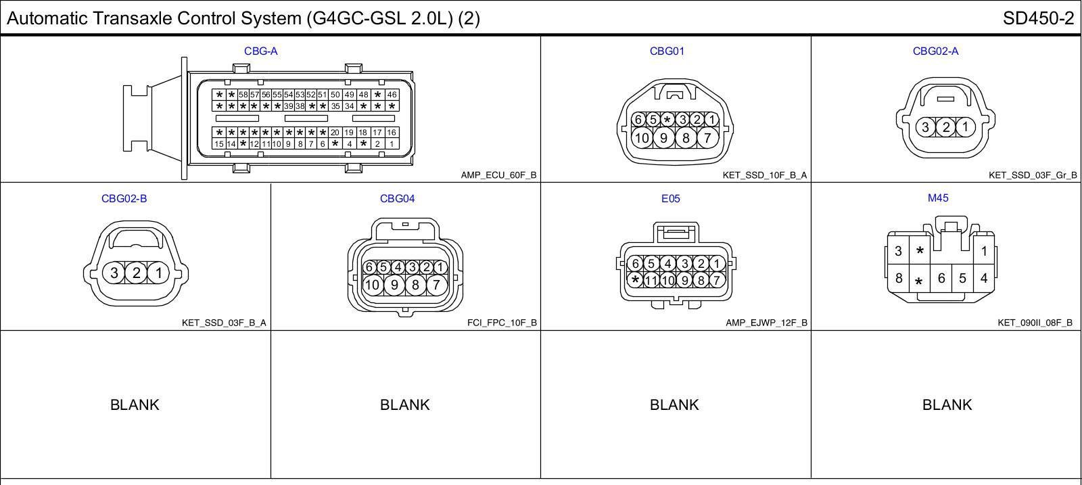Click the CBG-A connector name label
pyautogui.click(x=261, y=51)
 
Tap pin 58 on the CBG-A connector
pyautogui.click(x=243, y=95)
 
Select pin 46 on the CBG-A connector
pyautogui.click(x=392, y=95)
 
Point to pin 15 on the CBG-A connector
pyautogui.click(x=219, y=144)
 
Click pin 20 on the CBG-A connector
pyautogui.click(x=335, y=133)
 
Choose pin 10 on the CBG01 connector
pyautogui.click(x=642, y=138)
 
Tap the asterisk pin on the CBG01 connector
pyautogui.click(x=667, y=119)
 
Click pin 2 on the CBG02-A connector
pyautogui.click(x=946, y=127)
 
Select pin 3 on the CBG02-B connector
pyautogui.click(x=114, y=273)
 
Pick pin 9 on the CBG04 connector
pyautogui.click(x=394, y=285)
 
